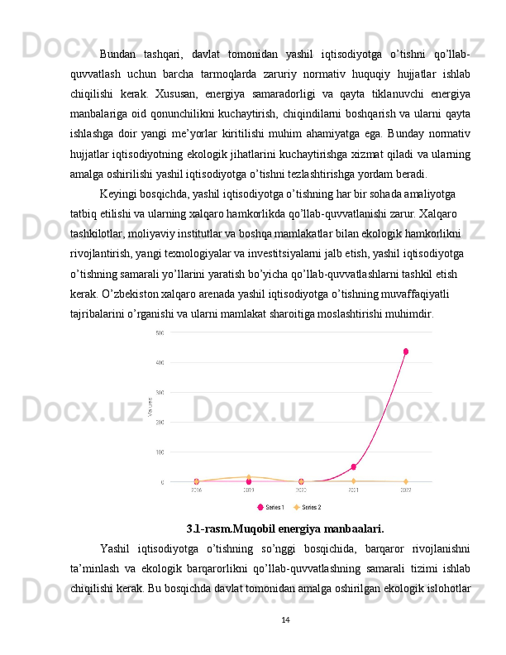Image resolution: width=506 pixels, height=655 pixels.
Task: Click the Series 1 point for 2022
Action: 406,351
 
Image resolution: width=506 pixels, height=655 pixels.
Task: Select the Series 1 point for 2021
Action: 353,467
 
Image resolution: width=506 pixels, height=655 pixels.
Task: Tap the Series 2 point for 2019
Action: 249,477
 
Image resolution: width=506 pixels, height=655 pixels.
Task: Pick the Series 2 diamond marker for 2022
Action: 406,481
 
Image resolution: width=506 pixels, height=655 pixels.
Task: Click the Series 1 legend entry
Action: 271,507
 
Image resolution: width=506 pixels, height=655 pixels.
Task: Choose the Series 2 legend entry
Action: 308,507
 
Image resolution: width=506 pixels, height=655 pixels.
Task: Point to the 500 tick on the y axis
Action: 159,332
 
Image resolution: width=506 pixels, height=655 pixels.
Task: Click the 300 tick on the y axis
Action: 159,392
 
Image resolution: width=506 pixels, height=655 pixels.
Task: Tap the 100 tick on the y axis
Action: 159,452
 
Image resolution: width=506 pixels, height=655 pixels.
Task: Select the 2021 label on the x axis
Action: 353,490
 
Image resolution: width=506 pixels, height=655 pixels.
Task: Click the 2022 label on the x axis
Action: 406,490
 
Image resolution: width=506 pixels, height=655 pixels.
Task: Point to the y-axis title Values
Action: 149,407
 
